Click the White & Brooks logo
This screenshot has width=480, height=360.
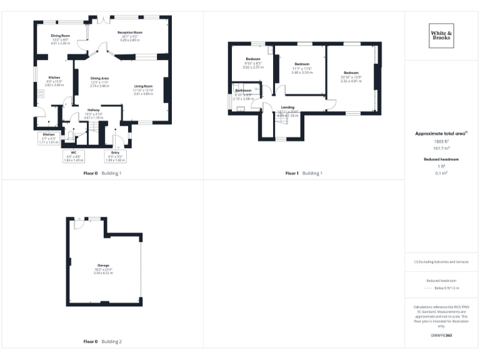point(441,36)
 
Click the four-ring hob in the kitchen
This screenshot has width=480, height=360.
point(41,93)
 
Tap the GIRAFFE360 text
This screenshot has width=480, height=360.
point(441,336)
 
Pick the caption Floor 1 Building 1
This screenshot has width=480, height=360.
point(304,173)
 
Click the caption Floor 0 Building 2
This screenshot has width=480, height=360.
point(102,342)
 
